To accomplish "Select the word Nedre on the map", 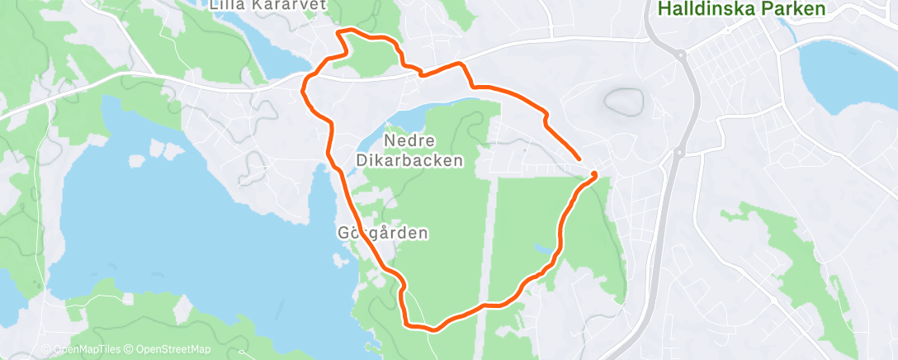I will click(x=410, y=140).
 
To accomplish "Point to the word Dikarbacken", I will click(x=409, y=160).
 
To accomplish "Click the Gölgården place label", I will click(x=382, y=233).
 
